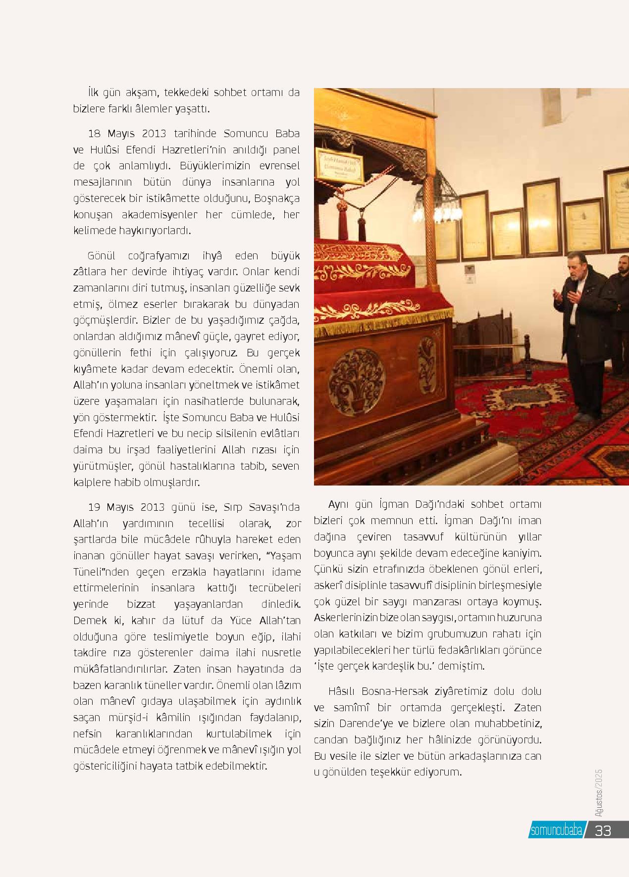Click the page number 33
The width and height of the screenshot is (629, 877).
pyautogui.click(x=603, y=830)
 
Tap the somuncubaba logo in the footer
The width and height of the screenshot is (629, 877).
pyautogui.click(x=556, y=831)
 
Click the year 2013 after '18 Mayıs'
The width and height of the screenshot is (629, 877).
pyautogui.click(x=150, y=134)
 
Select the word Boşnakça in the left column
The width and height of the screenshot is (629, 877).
pyautogui.click(x=277, y=198)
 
